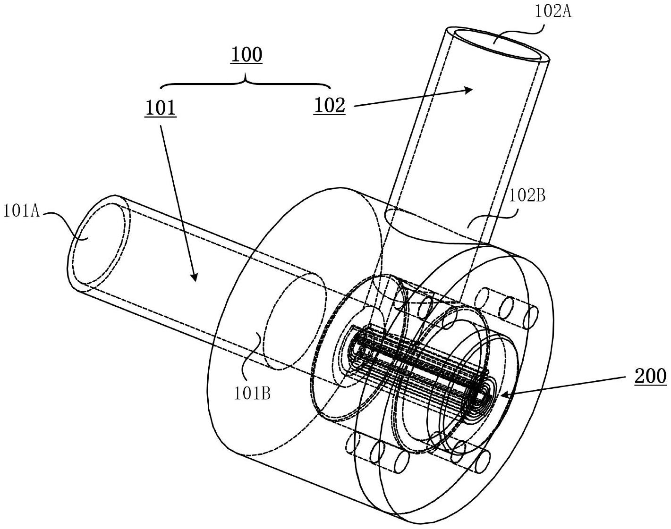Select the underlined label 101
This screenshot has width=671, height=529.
[x=160, y=108]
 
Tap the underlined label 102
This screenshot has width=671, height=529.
[x=330, y=105]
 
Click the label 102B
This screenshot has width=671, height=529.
[x=527, y=196]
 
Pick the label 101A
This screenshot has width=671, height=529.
[x=22, y=211]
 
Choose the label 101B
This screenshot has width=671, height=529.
[x=252, y=394]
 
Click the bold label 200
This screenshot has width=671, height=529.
[x=650, y=376]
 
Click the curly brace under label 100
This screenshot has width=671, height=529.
[x=246, y=82]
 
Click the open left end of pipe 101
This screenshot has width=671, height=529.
[x=98, y=243]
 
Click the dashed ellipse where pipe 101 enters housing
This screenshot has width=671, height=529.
[x=295, y=321]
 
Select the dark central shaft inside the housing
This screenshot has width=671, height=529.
[x=418, y=364]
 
